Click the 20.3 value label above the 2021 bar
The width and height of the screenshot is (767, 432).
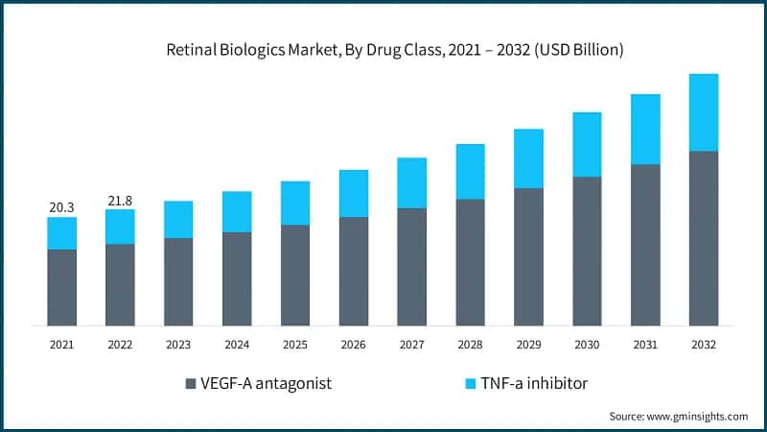(x=61, y=206)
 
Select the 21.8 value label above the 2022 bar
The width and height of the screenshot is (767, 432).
(x=120, y=200)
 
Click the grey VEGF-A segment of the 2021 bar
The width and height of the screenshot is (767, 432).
(x=61, y=287)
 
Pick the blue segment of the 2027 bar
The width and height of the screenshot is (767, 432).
(x=412, y=182)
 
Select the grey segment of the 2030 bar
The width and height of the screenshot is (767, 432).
(x=587, y=251)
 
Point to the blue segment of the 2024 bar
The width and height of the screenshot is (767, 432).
(x=237, y=211)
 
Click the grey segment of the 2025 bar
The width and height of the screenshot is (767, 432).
(x=295, y=275)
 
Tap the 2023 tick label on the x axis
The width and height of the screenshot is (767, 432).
(x=178, y=344)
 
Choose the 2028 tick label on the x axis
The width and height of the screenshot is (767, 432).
(x=470, y=344)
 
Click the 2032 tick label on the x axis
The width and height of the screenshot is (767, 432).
(x=704, y=344)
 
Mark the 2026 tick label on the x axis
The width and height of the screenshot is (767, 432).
(x=354, y=344)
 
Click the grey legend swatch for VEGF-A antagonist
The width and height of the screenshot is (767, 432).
(x=190, y=384)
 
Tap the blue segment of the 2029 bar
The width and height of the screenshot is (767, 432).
(x=528, y=158)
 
